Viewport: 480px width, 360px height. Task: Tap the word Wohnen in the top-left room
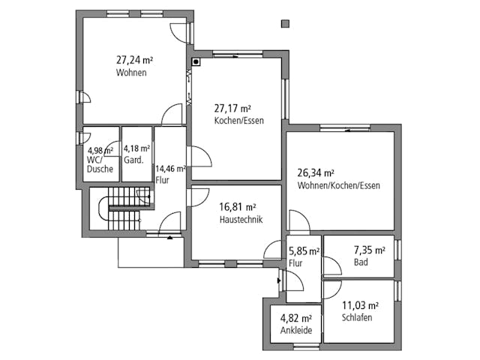131,73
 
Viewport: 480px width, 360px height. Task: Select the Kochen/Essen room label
238,121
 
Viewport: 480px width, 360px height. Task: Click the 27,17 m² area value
233,108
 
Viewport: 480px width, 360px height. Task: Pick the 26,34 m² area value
316,172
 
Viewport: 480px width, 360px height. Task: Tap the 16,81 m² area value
238,207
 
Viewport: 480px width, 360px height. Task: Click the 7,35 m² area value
370,250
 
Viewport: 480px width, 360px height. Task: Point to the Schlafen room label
357,317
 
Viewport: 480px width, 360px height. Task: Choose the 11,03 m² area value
360,304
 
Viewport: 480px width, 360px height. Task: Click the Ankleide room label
295,331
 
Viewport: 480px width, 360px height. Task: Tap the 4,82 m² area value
295,318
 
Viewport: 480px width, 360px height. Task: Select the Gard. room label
133,160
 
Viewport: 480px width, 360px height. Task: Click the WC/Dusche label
100,164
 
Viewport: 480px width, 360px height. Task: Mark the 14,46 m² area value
170,169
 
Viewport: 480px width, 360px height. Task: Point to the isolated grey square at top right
285,25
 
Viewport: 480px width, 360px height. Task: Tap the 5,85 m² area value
304,251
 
